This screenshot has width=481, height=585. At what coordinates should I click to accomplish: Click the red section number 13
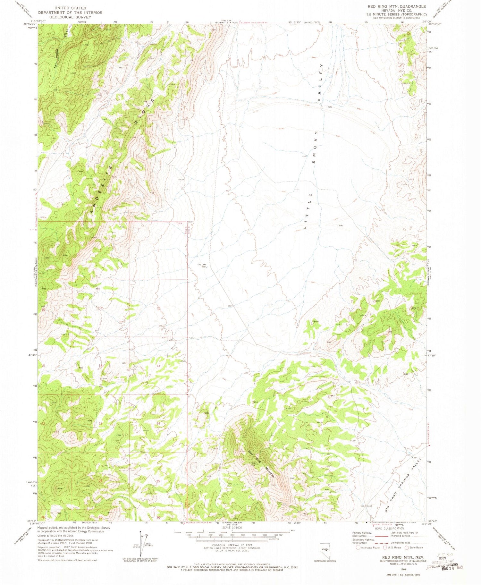[x=158, y=366]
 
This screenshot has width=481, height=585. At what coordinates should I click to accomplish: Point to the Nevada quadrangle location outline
[x=325, y=551]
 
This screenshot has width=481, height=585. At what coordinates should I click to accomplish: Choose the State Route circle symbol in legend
[x=407, y=547]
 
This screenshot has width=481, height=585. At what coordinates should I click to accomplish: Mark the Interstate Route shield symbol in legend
[x=358, y=547]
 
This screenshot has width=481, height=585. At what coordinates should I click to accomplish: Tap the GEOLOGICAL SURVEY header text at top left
[x=70, y=17]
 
